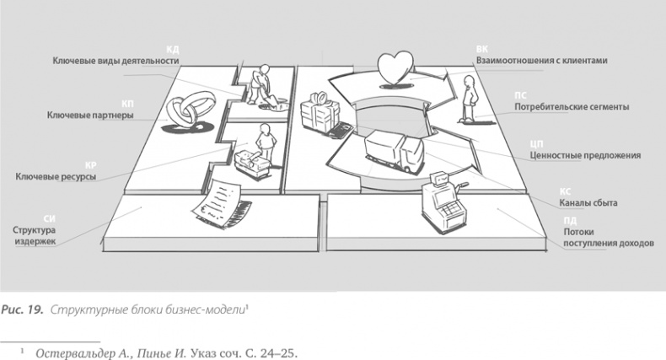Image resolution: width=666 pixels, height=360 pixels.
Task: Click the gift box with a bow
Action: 320,111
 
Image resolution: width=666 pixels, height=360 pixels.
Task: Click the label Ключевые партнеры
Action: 90,115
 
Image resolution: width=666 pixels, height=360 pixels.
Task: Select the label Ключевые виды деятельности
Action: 116,61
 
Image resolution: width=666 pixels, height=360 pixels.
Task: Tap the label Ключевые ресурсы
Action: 56,176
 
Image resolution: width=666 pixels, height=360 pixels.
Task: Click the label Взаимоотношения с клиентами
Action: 541,61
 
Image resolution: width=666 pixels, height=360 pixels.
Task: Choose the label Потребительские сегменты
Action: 572,107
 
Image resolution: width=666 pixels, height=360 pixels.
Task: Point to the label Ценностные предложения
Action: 585,155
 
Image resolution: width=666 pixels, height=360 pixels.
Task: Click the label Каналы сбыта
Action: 588,203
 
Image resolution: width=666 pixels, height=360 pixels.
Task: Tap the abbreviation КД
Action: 173,50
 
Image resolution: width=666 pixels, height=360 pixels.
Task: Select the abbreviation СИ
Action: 49,219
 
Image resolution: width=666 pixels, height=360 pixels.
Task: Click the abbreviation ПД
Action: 570,221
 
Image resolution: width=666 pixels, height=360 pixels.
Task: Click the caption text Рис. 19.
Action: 22,309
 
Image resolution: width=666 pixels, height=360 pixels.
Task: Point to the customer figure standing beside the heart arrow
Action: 469,99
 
